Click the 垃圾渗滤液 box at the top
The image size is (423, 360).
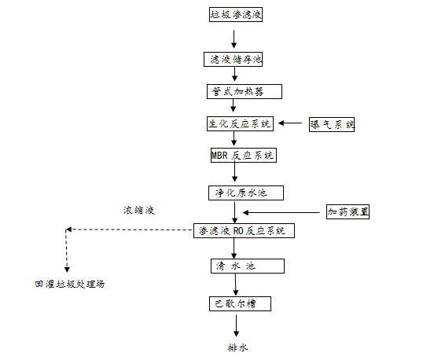tap(234, 15)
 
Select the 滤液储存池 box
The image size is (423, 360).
tap(234, 59)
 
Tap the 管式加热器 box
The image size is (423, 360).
tap(234, 91)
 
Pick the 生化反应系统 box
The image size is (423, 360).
tap(238, 123)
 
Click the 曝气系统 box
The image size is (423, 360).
tap(333, 123)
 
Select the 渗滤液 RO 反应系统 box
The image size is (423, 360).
tap(244, 230)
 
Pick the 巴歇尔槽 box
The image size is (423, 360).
tap(234, 302)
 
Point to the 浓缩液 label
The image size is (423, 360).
tap(138, 211)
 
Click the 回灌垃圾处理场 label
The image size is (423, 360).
tap(69, 284)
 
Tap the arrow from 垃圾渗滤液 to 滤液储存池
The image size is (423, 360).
tap(234, 36)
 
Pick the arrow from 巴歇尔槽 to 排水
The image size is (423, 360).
tap(234, 324)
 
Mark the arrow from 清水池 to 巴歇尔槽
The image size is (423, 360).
tap(234, 284)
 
